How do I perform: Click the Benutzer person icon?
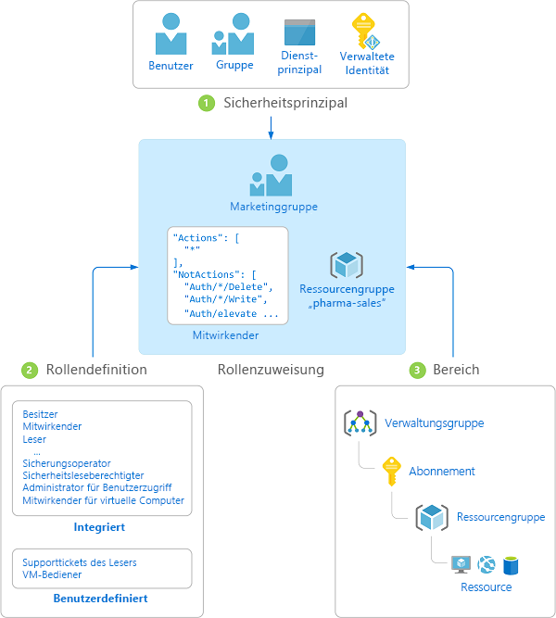click(x=171, y=34)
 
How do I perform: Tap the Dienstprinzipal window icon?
click(x=299, y=32)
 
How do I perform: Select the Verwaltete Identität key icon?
click(x=365, y=32)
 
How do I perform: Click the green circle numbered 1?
click(x=207, y=103)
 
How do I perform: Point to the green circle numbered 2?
click(x=30, y=370)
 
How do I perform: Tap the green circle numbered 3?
click(x=417, y=370)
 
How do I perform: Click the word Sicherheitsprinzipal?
click(x=285, y=103)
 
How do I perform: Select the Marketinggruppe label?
click(x=273, y=207)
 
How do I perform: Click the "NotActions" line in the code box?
click(x=214, y=274)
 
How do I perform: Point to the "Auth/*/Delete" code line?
click(x=228, y=287)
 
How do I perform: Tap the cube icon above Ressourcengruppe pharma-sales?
click(x=347, y=264)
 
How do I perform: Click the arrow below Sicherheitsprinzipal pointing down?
click(x=271, y=128)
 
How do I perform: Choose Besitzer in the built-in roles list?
click(x=40, y=414)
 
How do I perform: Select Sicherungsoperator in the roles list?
click(x=66, y=463)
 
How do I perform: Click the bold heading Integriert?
click(x=99, y=527)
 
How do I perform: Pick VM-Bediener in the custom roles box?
click(x=52, y=574)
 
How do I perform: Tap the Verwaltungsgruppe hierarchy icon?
click(x=360, y=423)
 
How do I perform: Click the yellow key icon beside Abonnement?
click(x=392, y=472)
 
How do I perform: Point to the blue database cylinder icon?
click(x=511, y=565)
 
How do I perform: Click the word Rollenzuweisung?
click(x=271, y=370)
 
